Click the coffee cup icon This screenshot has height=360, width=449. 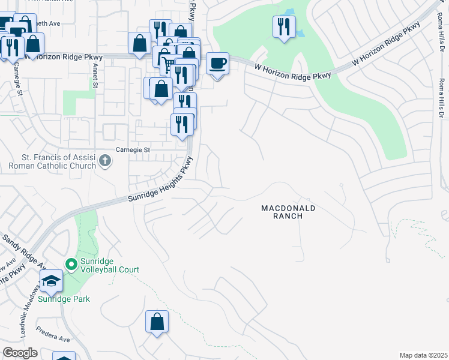coord(217,63)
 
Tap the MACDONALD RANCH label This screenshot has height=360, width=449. coord(288,212)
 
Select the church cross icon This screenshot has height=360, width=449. coord(105,160)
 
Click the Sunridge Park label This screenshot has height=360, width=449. coord(59,299)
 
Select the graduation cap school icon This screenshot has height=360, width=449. coord(51,280)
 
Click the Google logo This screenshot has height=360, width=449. coord(20,353)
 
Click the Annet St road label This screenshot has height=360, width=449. coord(95,76)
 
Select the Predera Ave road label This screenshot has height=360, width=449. coord(53,334)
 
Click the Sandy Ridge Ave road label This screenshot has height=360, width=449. coord(24,250)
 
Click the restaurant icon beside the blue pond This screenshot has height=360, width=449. coord(283,26)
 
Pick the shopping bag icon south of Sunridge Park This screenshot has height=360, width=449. coord(157,321)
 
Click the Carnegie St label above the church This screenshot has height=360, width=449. coord(132,149)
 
